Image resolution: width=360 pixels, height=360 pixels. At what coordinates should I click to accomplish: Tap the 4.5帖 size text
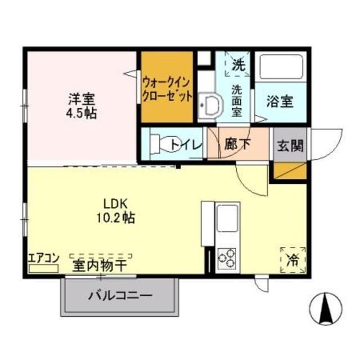tap(82, 113)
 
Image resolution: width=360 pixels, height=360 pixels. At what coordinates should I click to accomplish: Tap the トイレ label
tap(186, 145)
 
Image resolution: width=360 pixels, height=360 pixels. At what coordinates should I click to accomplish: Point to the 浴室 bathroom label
tap(280, 102)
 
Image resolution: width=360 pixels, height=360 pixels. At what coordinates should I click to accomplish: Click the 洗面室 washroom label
tap(237, 100)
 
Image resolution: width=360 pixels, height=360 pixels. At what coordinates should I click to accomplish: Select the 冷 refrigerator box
tap(292, 260)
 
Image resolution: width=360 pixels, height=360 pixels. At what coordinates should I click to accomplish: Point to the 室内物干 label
tap(99, 263)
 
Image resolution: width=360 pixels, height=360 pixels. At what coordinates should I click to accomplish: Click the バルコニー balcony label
tap(120, 296)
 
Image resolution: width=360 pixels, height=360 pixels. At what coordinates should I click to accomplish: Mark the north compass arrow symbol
tap(325, 307)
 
